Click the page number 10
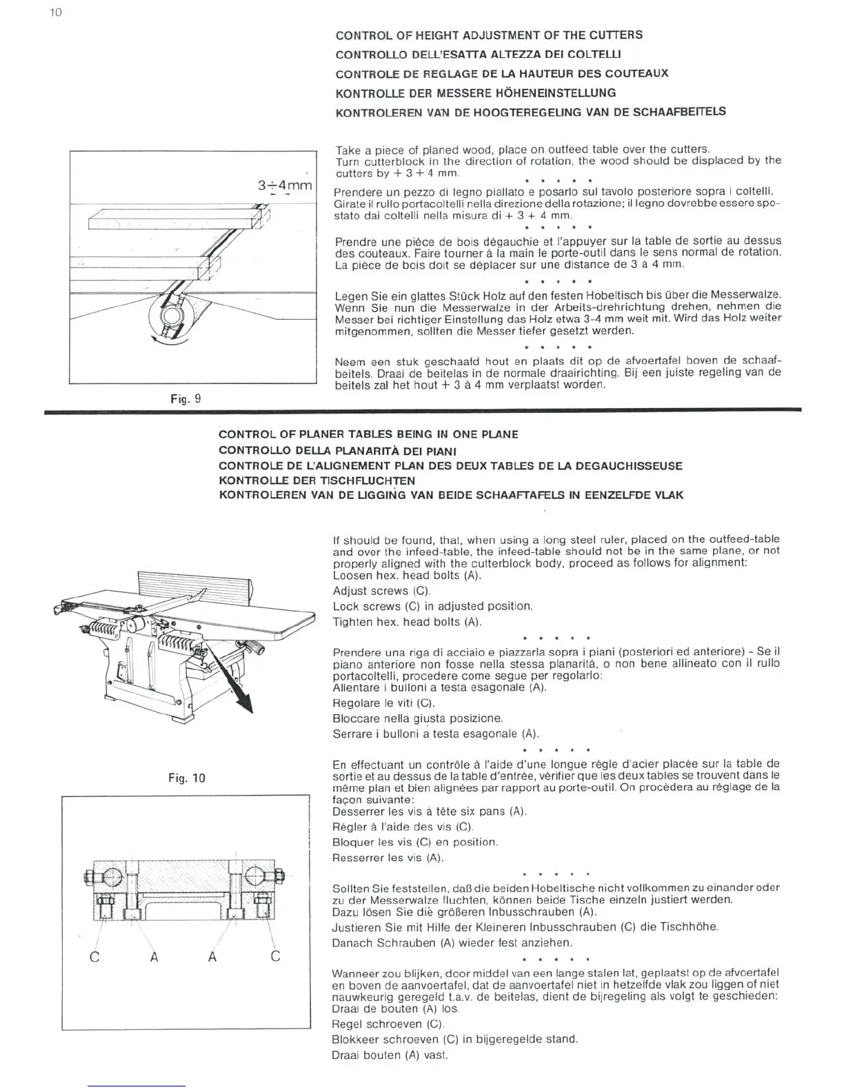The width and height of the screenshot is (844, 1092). (x=57, y=12)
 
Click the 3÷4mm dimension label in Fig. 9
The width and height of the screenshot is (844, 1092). (x=285, y=185)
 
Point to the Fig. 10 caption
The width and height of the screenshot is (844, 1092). (x=187, y=778)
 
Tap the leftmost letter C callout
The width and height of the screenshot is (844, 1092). (x=95, y=956)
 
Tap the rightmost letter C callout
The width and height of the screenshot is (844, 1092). (x=275, y=956)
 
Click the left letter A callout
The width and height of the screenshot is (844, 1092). (x=154, y=956)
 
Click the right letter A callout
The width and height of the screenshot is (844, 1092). (x=212, y=956)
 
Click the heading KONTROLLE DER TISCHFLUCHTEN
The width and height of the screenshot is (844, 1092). (x=316, y=481)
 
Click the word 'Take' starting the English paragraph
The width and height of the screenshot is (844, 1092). (x=347, y=150)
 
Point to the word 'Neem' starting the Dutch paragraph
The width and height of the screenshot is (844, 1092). (x=348, y=362)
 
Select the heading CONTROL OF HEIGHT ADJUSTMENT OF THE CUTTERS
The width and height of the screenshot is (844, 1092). (x=489, y=35)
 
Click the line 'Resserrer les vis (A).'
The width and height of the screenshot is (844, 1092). (x=388, y=858)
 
